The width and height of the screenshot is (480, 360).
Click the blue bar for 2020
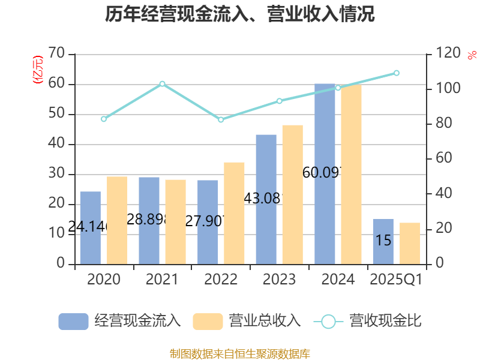point(90,228)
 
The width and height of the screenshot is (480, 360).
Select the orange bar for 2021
point(176,221)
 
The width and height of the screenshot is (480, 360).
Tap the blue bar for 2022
point(208,222)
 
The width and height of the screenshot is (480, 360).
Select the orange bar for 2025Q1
point(410,243)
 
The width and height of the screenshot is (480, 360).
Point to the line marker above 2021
point(162,83)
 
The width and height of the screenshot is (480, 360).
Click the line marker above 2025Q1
point(397,73)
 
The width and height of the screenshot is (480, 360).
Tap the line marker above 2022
point(221,120)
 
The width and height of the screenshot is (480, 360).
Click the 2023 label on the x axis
point(279,280)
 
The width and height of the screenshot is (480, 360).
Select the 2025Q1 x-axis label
point(396,280)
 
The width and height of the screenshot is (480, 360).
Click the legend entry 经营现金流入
point(120,321)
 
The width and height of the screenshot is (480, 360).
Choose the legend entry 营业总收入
point(247,321)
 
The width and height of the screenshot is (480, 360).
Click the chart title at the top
point(240,14)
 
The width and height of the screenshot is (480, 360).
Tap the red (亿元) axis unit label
point(38,69)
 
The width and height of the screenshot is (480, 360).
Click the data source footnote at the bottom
point(240,353)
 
